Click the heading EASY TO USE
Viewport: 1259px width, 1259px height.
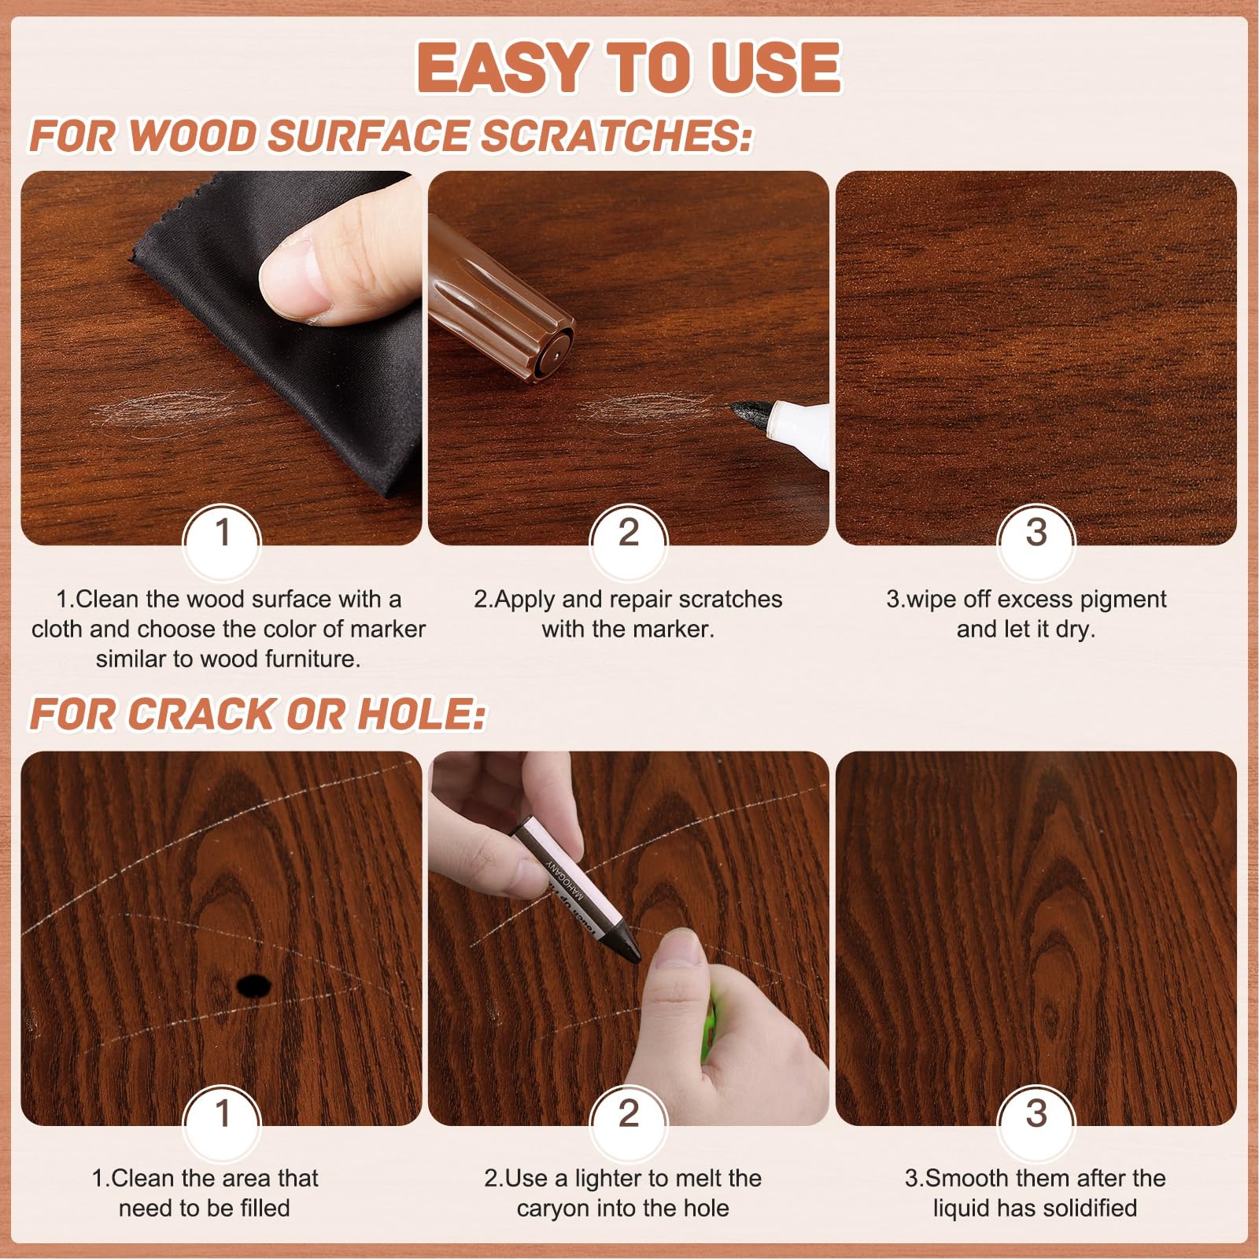click(x=629, y=68)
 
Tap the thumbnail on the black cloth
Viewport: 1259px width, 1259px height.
click(x=293, y=279)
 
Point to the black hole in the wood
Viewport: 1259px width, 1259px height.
click(x=253, y=985)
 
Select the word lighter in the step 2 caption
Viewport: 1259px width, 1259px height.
click(x=607, y=1178)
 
